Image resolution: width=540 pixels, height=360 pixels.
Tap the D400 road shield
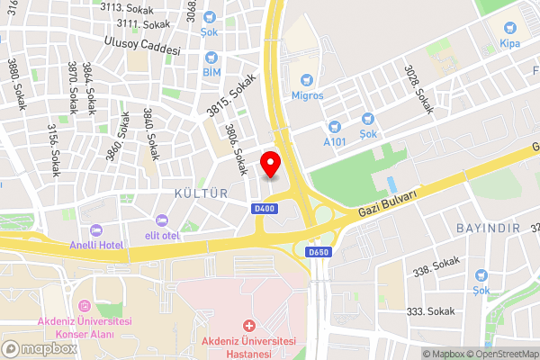263,210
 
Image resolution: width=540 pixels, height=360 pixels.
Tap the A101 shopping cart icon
335,127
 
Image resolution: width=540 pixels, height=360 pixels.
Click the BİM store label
211,71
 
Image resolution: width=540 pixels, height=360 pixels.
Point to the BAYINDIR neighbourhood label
489,228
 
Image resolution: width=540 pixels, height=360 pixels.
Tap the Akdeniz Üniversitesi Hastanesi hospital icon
249,325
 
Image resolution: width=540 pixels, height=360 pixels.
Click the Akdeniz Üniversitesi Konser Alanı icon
85,308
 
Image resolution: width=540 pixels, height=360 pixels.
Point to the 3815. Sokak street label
232,95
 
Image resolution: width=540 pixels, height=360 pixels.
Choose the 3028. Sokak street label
418,87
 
